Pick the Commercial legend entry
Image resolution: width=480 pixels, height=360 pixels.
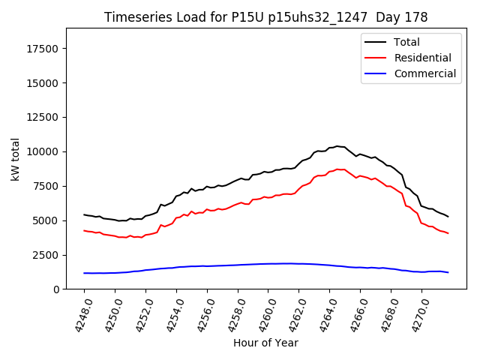point(424,73)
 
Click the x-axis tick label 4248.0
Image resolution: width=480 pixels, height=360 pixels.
point(79,311)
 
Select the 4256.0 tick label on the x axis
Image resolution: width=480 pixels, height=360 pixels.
point(202,311)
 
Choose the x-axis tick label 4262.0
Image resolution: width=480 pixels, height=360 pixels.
point(293,311)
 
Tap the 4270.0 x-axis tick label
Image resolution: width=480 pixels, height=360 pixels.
point(416,311)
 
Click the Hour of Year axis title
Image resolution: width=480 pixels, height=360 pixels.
point(265,343)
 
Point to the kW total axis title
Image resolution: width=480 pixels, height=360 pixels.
point(15,159)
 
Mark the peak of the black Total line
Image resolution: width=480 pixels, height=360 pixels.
point(337,146)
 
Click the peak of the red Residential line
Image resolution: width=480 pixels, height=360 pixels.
point(337,169)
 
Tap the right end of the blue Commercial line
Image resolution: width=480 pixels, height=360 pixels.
point(448,272)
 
